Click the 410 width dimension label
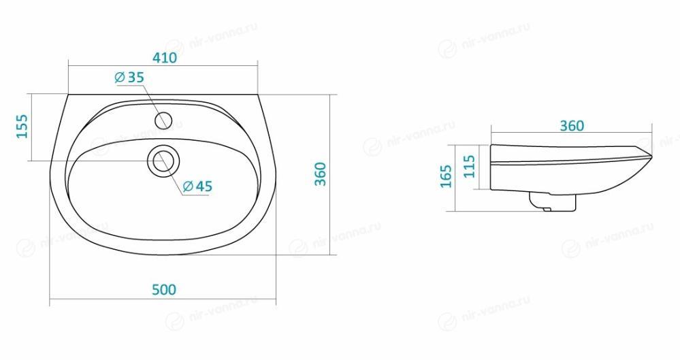[164, 57]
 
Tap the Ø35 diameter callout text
[129, 78]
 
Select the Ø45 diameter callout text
[198, 186]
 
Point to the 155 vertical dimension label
[22, 126]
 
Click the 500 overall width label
[164, 289]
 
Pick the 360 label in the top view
[320, 174]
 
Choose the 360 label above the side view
[572, 126]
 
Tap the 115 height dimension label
[469, 166]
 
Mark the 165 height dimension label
[446, 176]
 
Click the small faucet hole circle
[163, 120]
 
